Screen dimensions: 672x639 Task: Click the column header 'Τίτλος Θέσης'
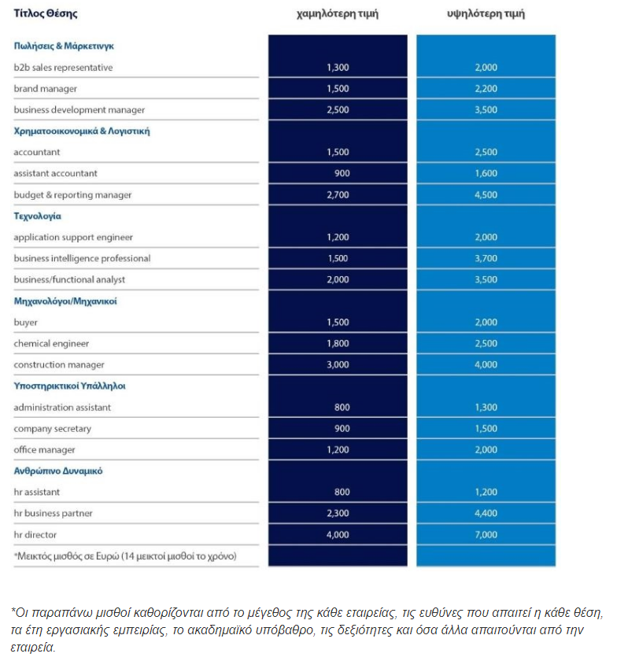pyautogui.click(x=45, y=14)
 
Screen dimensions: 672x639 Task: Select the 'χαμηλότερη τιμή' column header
pyautogui.click(x=337, y=14)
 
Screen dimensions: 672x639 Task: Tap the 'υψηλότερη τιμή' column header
pyautogui.click(x=486, y=14)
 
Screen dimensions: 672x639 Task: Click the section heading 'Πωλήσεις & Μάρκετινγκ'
pyautogui.click(x=65, y=46)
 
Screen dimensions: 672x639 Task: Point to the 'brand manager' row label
pyautogui.click(x=45, y=89)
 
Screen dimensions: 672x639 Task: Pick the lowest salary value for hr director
pyautogui.click(x=337, y=534)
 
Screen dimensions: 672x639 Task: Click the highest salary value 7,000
pyautogui.click(x=486, y=534)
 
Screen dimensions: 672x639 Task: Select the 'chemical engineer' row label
pyautogui.click(x=51, y=344)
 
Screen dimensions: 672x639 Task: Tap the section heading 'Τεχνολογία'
pyautogui.click(x=37, y=216)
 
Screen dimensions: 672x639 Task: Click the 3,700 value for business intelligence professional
pyautogui.click(x=486, y=259)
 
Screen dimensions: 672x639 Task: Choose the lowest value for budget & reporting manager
pyautogui.click(x=337, y=195)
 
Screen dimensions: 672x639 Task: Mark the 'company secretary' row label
pyautogui.click(x=52, y=429)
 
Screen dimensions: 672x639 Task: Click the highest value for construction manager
pyautogui.click(x=486, y=365)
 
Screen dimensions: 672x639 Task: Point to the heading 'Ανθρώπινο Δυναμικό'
pyautogui.click(x=58, y=471)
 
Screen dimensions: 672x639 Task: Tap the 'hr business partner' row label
pyautogui.click(x=53, y=514)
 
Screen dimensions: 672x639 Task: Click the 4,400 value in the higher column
pyautogui.click(x=486, y=514)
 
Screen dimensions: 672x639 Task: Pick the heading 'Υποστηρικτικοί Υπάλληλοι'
pyautogui.click(x=69, y=386)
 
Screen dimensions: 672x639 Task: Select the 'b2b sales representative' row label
pyautogui.click(x=63, y=68)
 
